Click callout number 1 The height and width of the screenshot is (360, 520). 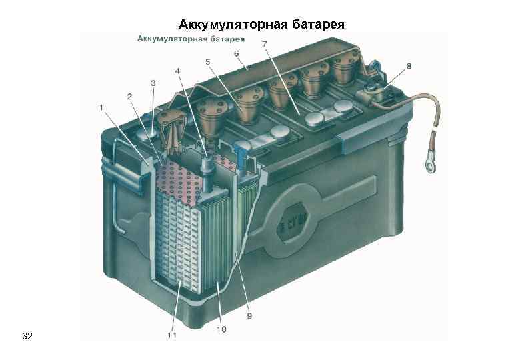(x=101, y=107)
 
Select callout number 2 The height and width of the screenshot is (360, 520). (x=130, y=97)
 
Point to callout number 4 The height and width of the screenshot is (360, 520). (x=177, y=71)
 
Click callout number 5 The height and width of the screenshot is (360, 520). (x=208, y=62)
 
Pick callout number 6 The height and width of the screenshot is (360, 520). (x=236, y=53)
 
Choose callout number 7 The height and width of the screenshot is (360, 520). (x=265, y=44)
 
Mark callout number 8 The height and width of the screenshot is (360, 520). (x=408, y=66)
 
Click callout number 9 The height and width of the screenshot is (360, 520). (x=249, y=315)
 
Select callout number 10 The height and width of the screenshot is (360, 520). (x=221, y=329)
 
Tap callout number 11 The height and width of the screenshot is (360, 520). (x=172, y=335)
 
